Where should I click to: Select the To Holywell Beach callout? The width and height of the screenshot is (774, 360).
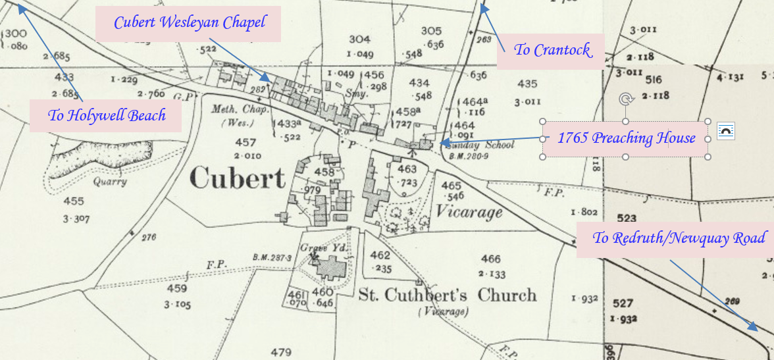[x=106, y=116]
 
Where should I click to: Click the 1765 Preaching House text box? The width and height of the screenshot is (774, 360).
[x=625, y=138]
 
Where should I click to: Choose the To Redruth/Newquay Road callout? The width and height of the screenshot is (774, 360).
[x=679, y=239]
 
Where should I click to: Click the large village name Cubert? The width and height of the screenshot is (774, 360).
[x=238, y=178]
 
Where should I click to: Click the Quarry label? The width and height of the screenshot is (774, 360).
[x=109, y=182]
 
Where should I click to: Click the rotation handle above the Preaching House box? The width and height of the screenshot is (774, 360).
[x=625, y=99]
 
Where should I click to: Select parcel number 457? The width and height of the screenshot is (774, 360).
[x=245, y=142]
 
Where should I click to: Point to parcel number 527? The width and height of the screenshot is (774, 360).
[x=621, y=304]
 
